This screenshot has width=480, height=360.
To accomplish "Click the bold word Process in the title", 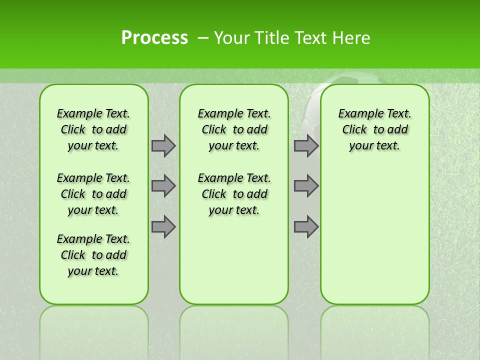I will (154, 38).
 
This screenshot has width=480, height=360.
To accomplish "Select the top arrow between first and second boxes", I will (163, 145).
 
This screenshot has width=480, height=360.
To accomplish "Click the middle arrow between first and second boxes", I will (163, 186).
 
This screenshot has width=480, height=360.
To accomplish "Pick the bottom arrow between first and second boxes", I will (163, 227).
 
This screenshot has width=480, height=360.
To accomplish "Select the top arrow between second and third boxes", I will (306, 145).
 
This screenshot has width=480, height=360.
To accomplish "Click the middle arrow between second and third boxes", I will (306, 186).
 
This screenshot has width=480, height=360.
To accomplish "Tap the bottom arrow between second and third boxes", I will (306, 227).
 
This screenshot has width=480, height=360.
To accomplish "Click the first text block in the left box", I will (93, 129).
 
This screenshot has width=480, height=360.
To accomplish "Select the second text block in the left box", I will (93, 194).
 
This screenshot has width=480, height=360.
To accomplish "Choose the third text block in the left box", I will (93, 255).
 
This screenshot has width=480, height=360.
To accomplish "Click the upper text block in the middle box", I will (234, 129).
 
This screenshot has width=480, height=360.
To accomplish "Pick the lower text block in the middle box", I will (234, 194).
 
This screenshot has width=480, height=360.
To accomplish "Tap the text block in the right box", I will (374, 129).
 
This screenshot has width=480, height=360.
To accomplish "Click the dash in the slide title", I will (203, 38).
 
